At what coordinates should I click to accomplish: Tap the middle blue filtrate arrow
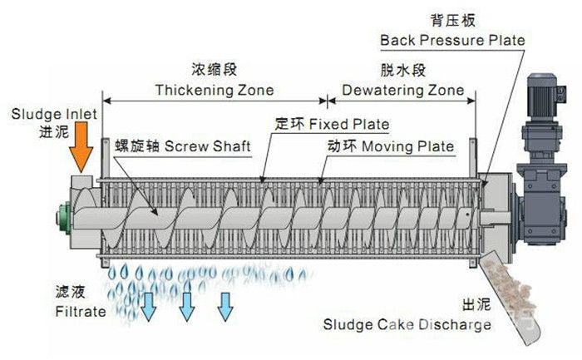[x=187, y=305]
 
